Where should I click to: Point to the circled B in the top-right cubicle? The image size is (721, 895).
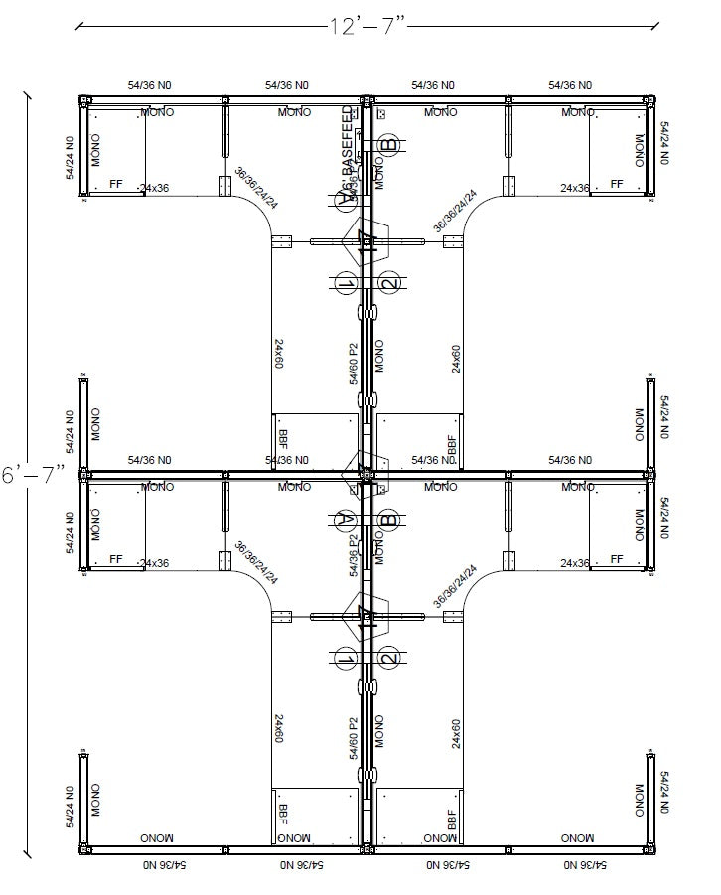point(390,145)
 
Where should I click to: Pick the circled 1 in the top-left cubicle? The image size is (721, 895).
point(345,284)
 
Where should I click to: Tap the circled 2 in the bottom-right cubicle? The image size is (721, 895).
point(389,657)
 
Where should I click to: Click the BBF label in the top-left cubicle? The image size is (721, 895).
point(284,440)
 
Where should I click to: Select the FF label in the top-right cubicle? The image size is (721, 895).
point(616,185)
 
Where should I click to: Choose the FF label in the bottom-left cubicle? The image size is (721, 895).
point(115,559)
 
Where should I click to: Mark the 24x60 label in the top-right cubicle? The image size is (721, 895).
point(457,359)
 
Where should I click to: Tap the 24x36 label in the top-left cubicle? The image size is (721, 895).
point(154,188)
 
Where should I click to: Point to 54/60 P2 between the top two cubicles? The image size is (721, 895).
point(354,364)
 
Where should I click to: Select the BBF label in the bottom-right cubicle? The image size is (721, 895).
point(452,818)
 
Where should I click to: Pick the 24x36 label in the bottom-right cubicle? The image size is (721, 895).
point(574,563)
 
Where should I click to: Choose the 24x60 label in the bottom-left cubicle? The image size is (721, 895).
point(280,729)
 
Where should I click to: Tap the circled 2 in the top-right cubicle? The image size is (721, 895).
point(389,283)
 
